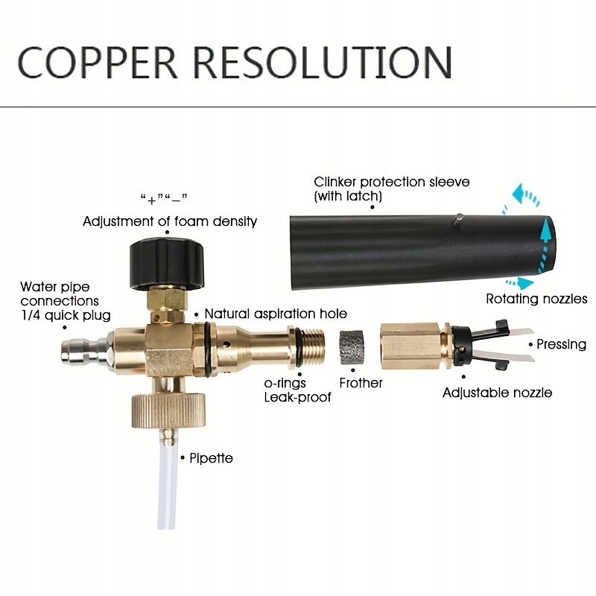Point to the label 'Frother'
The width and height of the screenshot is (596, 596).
click(361, 383)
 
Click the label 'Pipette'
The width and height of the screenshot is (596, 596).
click(211, 457)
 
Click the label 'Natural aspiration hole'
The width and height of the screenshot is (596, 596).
click(276, 314)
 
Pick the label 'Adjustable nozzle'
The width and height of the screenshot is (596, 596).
click(498, 392)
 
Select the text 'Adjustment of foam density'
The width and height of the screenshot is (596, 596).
click(170, 221)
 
